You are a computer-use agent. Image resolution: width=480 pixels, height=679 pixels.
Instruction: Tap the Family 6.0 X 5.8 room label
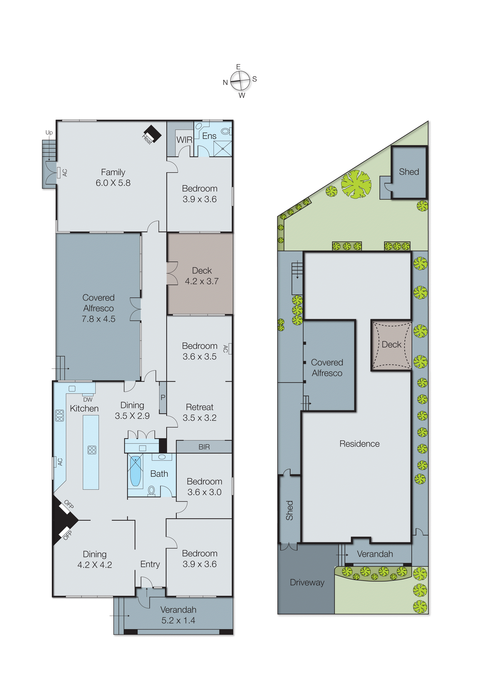pos(113,177)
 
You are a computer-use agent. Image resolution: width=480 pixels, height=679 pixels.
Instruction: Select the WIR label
pos(184,140)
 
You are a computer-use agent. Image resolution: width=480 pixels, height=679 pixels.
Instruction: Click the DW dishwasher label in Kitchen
pos(88,400)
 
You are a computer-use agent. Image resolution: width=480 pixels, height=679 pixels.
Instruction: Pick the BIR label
pos(204,447)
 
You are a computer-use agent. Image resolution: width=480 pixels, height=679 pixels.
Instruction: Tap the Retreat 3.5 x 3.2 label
pos(200,412)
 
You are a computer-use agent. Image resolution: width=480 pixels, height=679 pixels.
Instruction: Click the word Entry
pos(150,564)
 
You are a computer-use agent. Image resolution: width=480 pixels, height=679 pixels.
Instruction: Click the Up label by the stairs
pos(49,132)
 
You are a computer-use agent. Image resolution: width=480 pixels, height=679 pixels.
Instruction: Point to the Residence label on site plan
pos(359,444)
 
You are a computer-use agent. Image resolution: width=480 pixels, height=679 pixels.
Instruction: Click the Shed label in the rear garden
pos(409,172)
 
